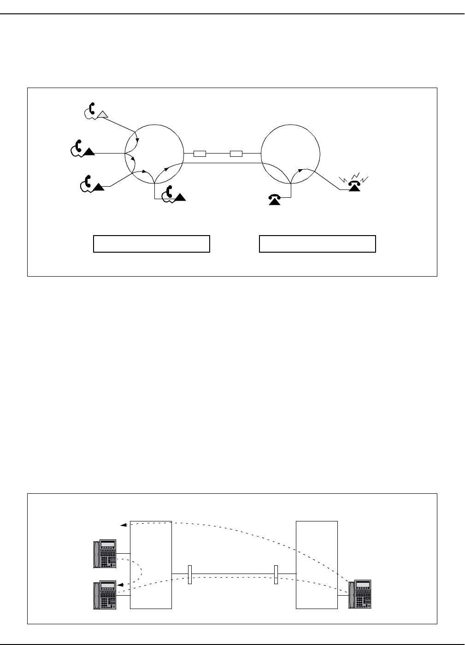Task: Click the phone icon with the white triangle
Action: click(x=95, y=111)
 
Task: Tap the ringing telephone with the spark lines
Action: click(x=354, y=185)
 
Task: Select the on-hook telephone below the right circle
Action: click(x=275, y=198)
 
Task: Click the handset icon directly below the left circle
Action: click(x=174, y=194)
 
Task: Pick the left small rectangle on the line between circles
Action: click(x=200, y=154)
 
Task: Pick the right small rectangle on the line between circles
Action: click(x=236, y=154)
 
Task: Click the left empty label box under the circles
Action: click(x=152, y=243)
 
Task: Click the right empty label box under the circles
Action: click(x=318, y=243)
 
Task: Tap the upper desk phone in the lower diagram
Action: click(x=104, y=554)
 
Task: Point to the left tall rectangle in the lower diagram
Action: click(x=151, y=565)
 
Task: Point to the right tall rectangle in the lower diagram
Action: click(x=317, y=565)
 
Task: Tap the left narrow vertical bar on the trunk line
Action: click(x=189, y=574)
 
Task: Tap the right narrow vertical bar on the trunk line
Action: click(x=276, y=574)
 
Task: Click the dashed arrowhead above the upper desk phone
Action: click(x=122, y=525)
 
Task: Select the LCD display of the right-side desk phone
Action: click(x=363, y=585)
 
